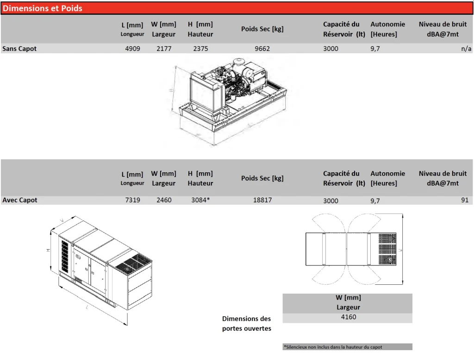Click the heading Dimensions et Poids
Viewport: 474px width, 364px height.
coord(42,8)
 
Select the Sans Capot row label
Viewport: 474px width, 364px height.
coord(19,49)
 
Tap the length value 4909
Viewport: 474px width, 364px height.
coord(132,49)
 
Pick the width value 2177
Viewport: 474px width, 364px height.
coord(164,49)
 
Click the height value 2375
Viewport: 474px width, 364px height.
coord(200,49)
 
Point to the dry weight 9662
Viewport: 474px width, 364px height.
coord(262,49)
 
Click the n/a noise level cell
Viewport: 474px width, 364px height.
coord(466,49)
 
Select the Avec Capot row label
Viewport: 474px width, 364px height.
coord(19,200)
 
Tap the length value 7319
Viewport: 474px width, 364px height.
coord(132,200)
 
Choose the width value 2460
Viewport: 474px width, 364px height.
coord(164,200)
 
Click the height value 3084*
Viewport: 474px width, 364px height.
coord(200,200)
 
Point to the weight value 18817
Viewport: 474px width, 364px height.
coord(262,200)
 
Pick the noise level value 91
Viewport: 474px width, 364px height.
coord(465,200)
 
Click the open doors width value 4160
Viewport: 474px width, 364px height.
coord(348,317)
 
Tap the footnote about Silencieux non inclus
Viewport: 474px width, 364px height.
coord(333,347)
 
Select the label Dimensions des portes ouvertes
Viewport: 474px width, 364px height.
coord(246,324)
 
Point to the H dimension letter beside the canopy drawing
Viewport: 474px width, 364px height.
coord(48,251)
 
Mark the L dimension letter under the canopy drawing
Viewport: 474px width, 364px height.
coord(87,308)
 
